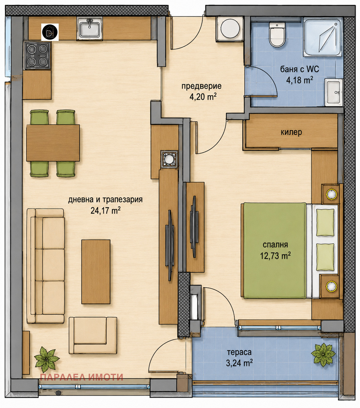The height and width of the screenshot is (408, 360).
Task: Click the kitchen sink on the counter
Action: coord(90,28)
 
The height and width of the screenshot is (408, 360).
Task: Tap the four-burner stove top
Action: coord(38,55)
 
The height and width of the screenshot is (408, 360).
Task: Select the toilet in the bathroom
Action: coord(277,35)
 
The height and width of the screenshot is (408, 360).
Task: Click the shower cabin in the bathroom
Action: coord(322,37)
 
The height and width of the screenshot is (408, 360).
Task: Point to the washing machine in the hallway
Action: coord(230,29)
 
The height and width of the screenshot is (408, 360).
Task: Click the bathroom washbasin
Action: coord(334,92)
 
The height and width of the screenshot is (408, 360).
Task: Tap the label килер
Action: coord(291,133)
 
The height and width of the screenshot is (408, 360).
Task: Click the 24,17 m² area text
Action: coord(105,211)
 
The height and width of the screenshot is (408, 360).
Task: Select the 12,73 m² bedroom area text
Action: coord(275,256)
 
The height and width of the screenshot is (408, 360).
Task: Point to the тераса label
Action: coord(239,352)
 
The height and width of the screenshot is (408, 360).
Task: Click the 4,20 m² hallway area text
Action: coord(203,97)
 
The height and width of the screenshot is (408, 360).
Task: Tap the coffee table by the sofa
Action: coord(96,272)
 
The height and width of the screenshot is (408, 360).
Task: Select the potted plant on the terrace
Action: coord(323,355)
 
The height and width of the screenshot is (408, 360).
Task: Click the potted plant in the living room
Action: coord(46,359)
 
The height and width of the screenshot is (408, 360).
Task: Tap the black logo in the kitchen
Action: coord(50,32)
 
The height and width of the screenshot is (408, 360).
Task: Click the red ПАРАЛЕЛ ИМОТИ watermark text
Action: coord(81,377)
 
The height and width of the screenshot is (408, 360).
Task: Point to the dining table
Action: coord(53,143)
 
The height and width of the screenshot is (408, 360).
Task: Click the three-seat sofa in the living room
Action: coord(46,266)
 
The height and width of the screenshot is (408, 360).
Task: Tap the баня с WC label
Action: coord(299,69)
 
